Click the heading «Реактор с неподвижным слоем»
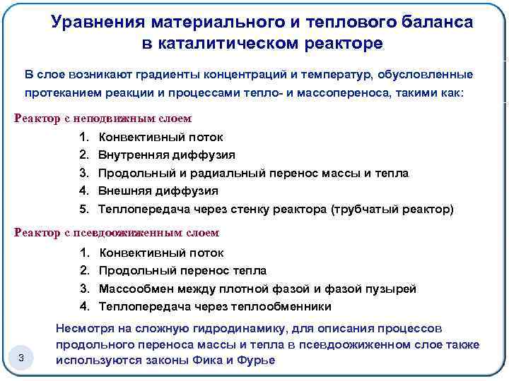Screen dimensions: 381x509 tap(103, 118)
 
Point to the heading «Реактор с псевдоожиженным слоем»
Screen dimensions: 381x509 tap(117, 233)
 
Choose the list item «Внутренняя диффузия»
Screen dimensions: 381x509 tap(167, 155)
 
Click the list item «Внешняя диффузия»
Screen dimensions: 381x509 tap(158, 191)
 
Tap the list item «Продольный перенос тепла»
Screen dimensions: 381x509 tap(182, 270)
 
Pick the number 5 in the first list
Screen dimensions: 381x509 tap(83, 210)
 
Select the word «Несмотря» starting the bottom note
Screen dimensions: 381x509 tap(84, 329)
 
